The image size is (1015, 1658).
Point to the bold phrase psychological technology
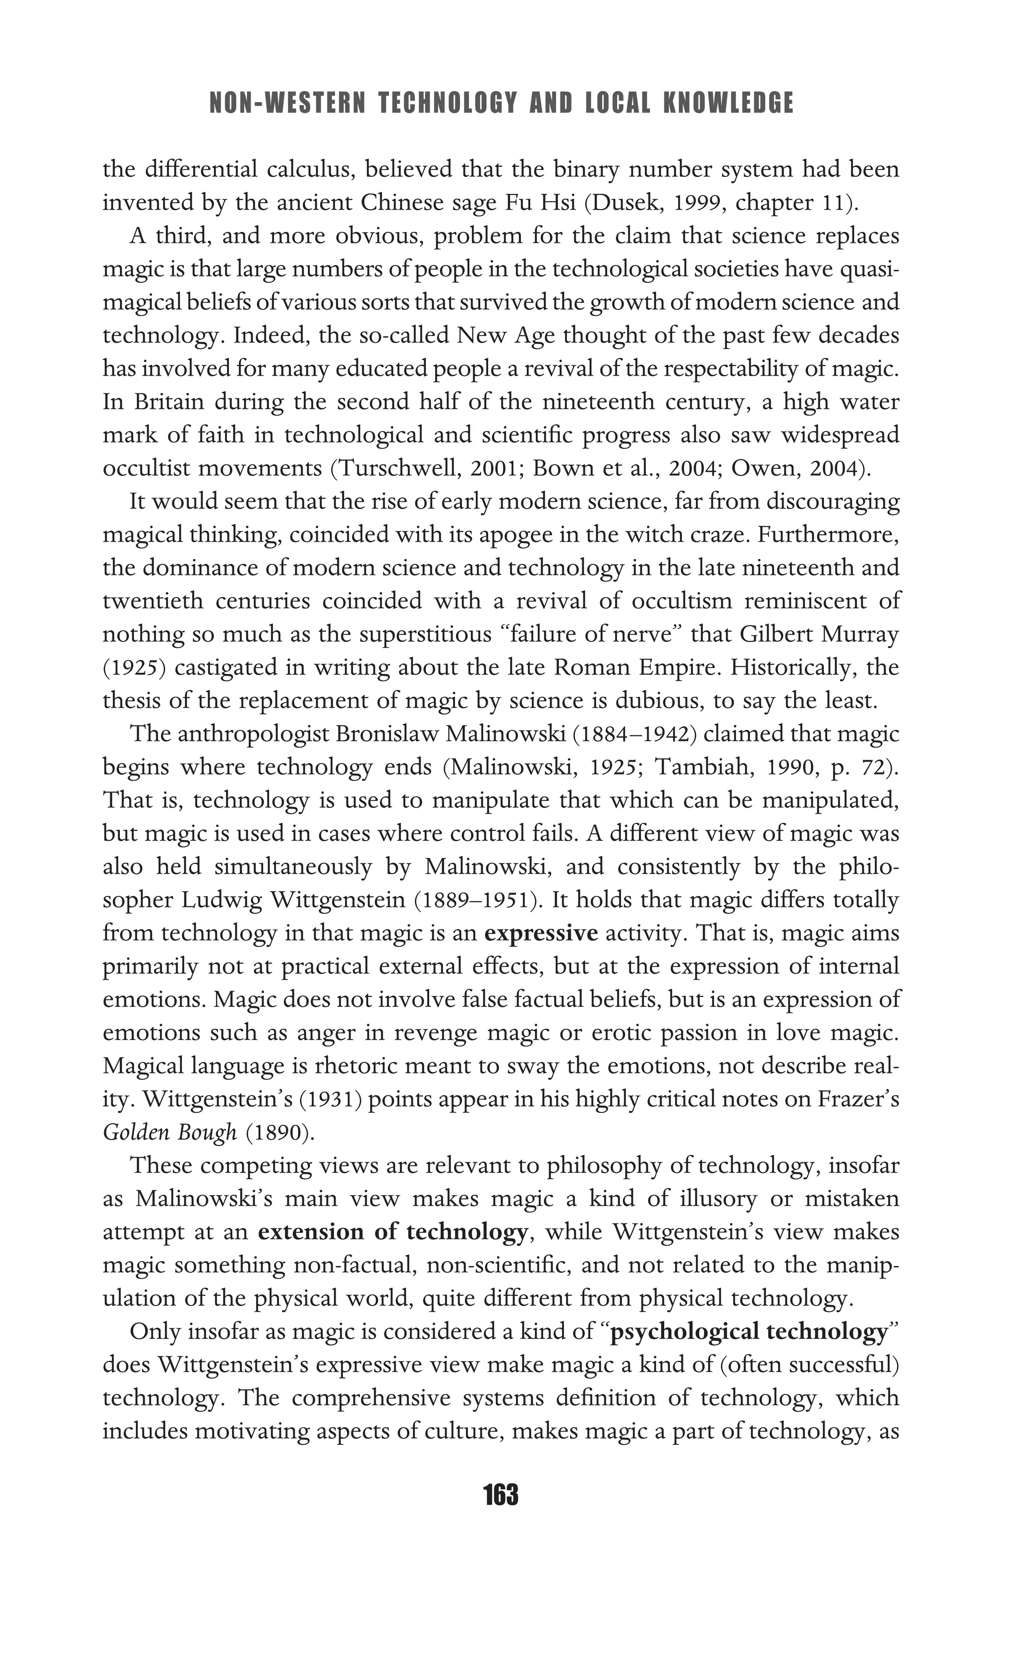(749, 1331)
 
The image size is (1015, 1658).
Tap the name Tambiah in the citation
(703, 768)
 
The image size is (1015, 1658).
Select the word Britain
(169, 402)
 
